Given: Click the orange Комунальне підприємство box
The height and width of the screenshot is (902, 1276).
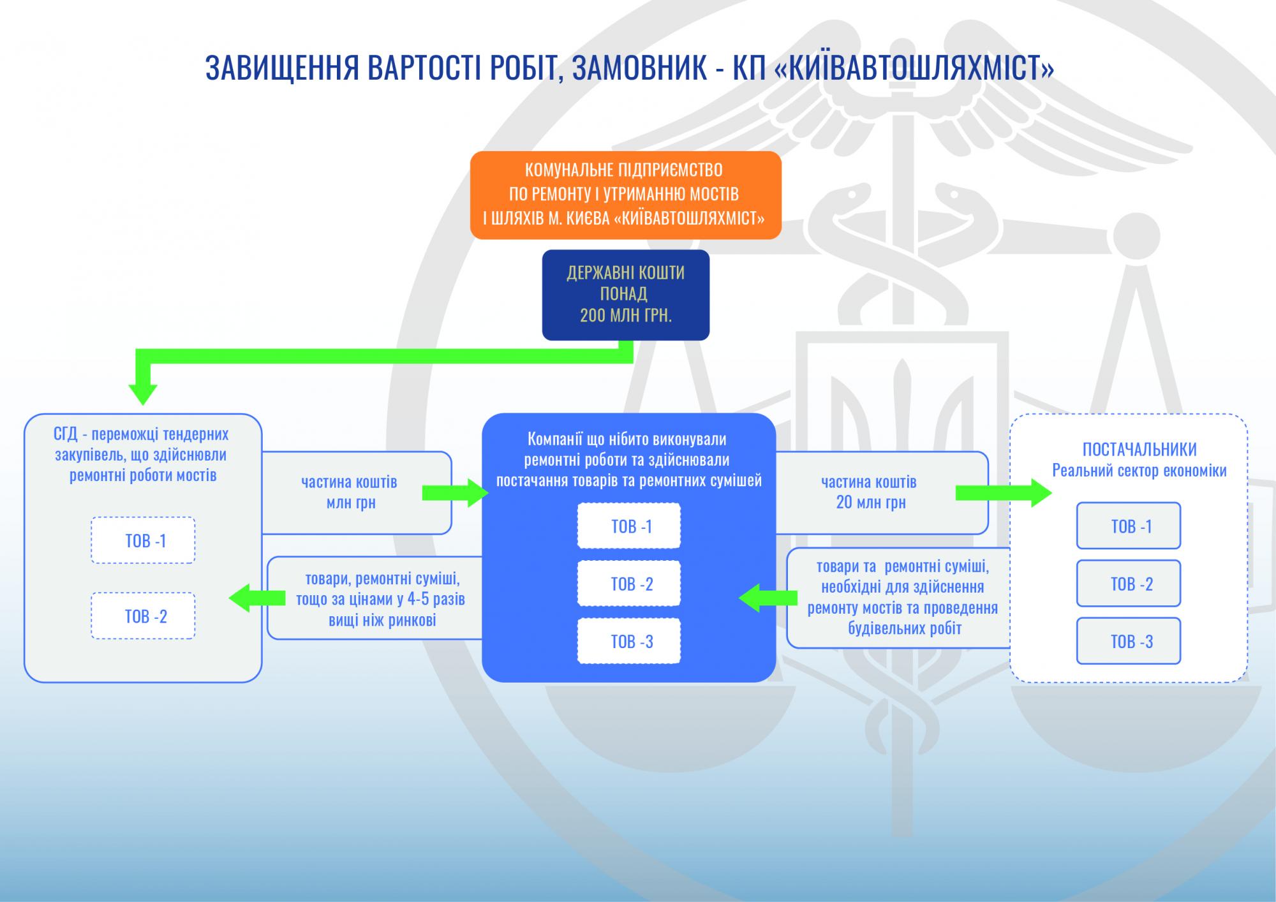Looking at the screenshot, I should (x=625, y=195).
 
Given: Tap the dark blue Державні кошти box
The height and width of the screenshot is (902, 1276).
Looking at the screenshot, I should (x=625, y=294).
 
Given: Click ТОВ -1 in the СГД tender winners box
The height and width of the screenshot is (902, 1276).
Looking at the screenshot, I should (x=143, y=540).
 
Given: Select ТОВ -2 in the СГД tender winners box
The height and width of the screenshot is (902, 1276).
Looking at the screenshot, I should (x=143, y=616).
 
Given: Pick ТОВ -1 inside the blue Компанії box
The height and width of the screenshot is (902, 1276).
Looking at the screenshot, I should (x=629, y=526).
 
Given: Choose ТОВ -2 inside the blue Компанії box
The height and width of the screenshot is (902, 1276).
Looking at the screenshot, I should (x=629, y=583).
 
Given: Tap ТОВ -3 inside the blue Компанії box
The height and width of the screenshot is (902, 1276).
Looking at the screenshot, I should (x=629, y=641).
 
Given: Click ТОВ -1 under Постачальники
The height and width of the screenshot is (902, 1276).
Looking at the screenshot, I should (x=1129, y=526).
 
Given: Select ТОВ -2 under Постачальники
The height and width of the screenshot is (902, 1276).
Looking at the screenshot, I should (x=1129, y=583).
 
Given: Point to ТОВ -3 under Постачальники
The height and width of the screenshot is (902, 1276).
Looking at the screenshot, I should (x=1129, y=641).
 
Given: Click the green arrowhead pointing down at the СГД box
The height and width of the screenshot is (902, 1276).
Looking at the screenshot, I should (x=142, y=392).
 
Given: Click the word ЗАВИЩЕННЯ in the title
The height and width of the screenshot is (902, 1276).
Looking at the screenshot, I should (x=283, y=68).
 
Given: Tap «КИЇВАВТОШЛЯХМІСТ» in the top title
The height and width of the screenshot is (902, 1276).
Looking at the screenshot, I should (x=914, y=68).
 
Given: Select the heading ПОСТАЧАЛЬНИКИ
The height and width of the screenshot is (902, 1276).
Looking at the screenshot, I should (x=1139, y=450).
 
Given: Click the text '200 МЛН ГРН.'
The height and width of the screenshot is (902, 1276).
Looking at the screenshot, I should (x=625, y=315).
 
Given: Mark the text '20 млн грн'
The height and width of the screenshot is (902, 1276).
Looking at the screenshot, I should (x=871, y=503).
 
